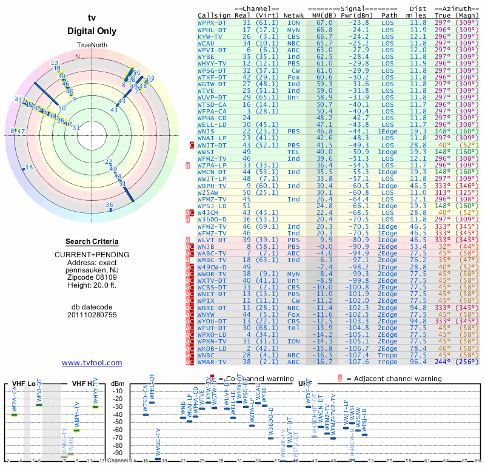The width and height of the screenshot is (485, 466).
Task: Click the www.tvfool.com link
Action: pos(92,363)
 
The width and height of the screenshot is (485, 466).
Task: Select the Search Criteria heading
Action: pos(92,241)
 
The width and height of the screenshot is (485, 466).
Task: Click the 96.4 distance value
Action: pos(418,361)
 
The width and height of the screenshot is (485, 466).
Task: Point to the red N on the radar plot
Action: pos(77,56)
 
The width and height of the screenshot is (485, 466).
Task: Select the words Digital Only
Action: pos(92,30)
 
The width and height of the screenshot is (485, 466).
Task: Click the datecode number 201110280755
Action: pos(92,315)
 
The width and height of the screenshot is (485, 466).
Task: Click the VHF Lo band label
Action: pos(18,383)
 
